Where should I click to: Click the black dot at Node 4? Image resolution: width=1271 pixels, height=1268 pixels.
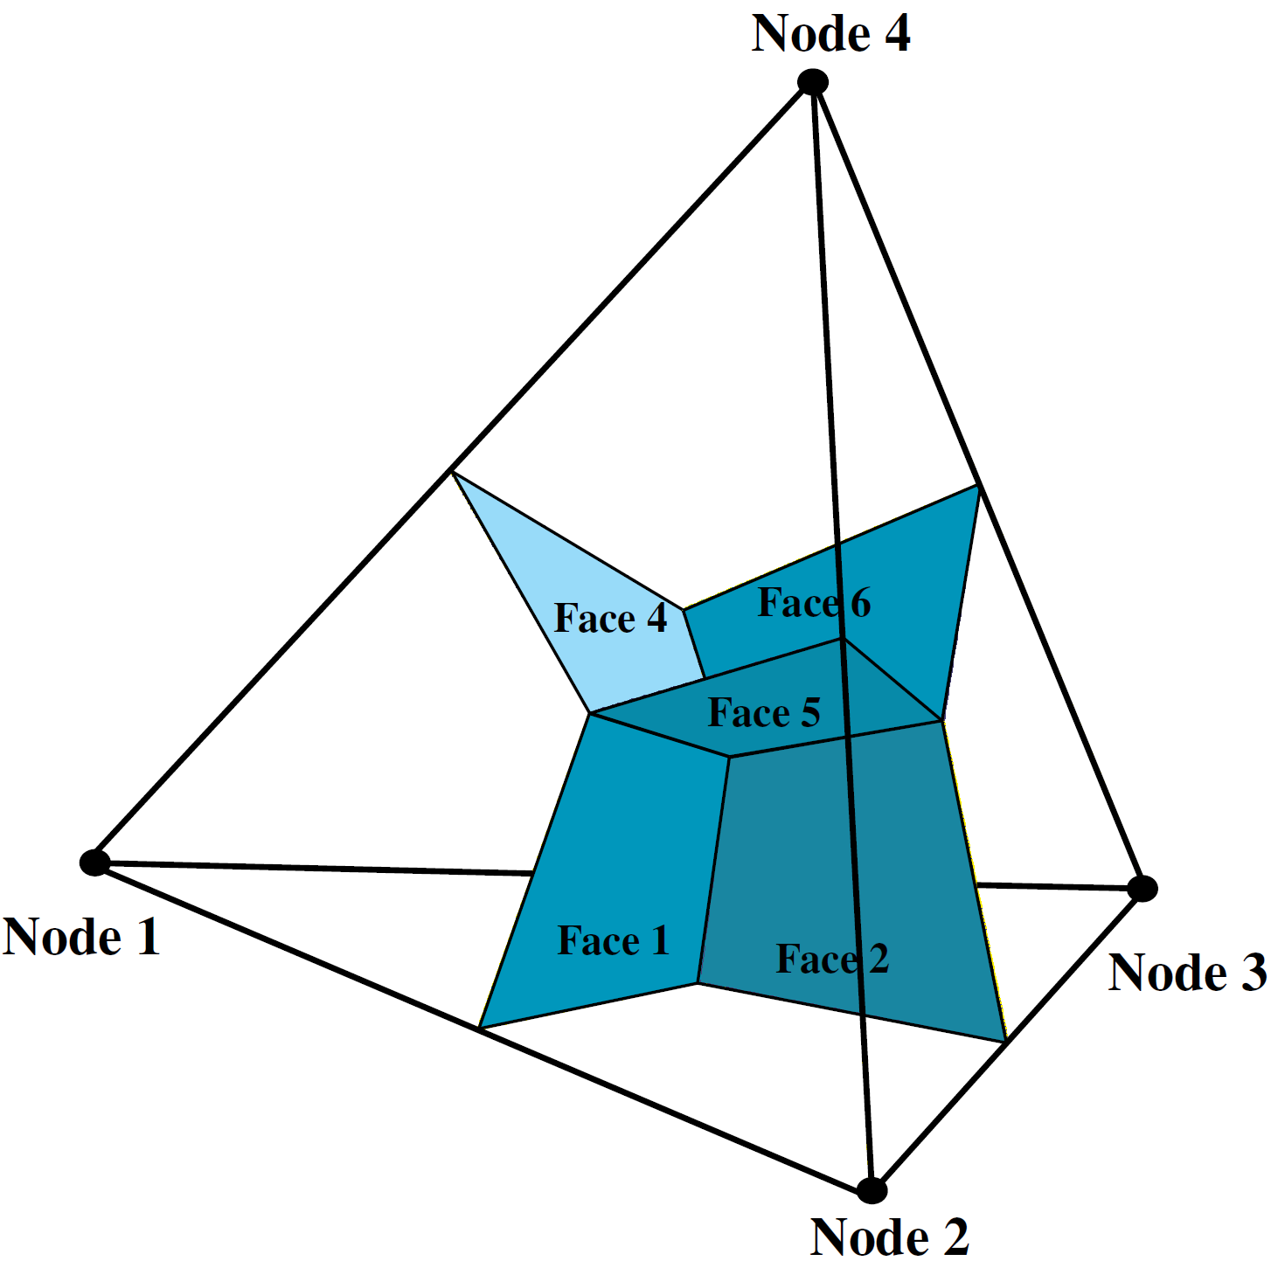point(813,82)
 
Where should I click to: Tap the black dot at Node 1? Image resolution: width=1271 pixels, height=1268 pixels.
point(94,863)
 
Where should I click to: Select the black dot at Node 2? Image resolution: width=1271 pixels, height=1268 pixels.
point(872,1189)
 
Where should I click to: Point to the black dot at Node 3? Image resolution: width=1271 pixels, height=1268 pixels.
point(1142,889)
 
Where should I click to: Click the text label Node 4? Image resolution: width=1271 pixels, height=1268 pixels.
point(830,35)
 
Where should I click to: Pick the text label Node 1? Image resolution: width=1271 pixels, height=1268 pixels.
point(81,938)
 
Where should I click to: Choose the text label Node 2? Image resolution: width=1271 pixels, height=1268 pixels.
point(889,1237)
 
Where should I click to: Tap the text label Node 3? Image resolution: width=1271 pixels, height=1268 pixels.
point(1187,973)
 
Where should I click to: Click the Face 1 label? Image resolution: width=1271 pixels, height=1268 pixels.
point(613,941)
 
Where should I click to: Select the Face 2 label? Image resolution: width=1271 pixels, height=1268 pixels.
point(832,959)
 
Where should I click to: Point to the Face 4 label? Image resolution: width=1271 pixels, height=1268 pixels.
point(610,619)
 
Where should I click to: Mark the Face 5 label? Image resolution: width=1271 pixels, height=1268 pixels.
point(764,713)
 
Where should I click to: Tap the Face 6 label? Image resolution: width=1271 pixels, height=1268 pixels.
point(814,603)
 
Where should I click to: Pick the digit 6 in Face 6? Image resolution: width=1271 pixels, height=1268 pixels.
point(861,603)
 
